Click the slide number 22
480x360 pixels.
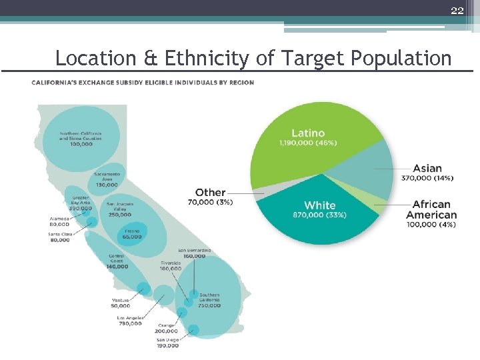(x=457, y=10)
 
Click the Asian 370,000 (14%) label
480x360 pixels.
(x=427, y=173)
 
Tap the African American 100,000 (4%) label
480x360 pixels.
(x=431, y=214)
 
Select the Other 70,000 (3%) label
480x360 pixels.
(x=210, y=197)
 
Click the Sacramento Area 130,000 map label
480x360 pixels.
(x=106, y=179)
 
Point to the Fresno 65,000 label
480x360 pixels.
(x=132, y=233)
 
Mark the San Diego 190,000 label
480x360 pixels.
(x=167, y=343)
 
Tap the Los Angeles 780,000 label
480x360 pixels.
(x=129, y=321)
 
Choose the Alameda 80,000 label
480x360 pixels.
(x=59, y=221)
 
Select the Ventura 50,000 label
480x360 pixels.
(x=121, y=303)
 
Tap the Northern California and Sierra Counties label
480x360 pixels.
(x=81, y=138)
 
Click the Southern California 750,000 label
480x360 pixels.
(x=209, y=300)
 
